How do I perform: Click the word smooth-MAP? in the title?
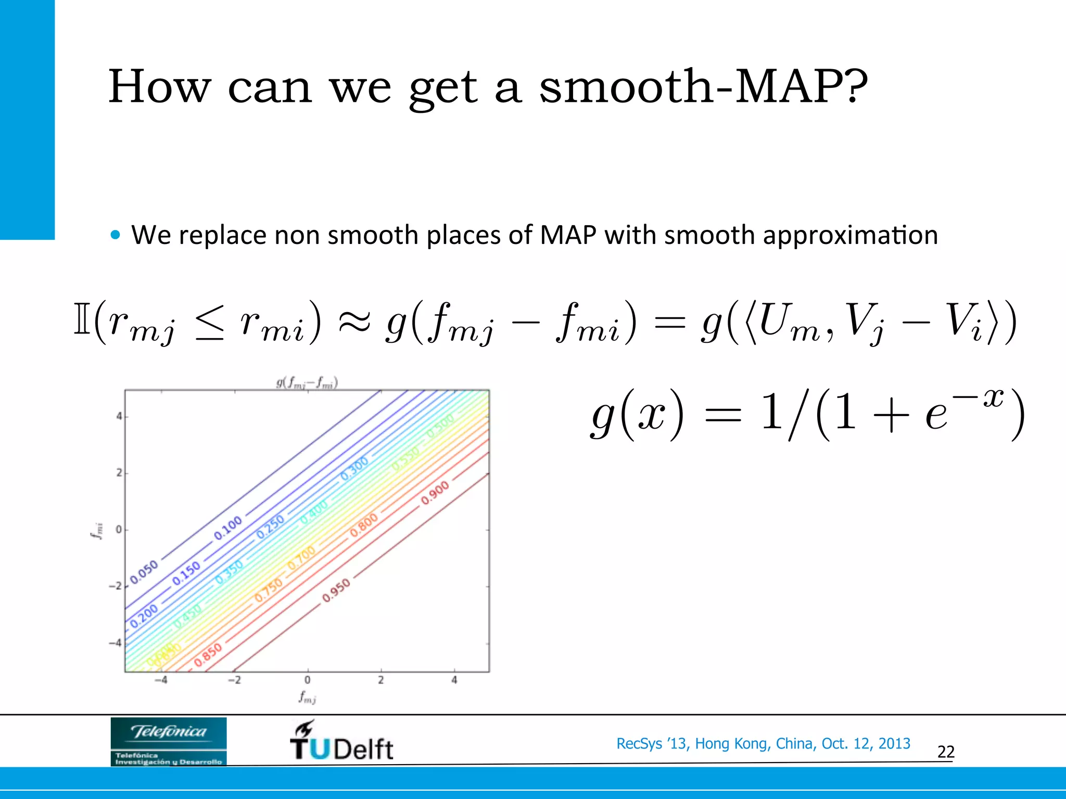point(703,86)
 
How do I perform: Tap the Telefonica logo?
point(169,741)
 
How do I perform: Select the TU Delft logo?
point(341,742)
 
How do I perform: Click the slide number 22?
point(946,752)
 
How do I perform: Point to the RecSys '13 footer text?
point(763,743)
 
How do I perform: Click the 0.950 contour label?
point(336,591)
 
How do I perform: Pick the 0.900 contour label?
point(435,493)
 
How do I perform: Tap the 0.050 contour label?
point(144,572)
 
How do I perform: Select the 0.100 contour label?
point(228,527)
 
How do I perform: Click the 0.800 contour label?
point(364,525)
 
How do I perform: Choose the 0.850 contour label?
point(208,654)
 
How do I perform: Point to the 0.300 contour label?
point(354,468)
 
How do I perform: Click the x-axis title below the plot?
point(307,697)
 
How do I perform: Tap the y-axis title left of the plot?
point(97,531)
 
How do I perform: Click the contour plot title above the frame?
point(307,383)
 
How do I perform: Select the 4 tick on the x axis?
point(454,680)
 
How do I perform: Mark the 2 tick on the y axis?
point(119,473)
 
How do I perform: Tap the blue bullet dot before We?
point(116,235)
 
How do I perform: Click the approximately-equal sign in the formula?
point(354,323)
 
